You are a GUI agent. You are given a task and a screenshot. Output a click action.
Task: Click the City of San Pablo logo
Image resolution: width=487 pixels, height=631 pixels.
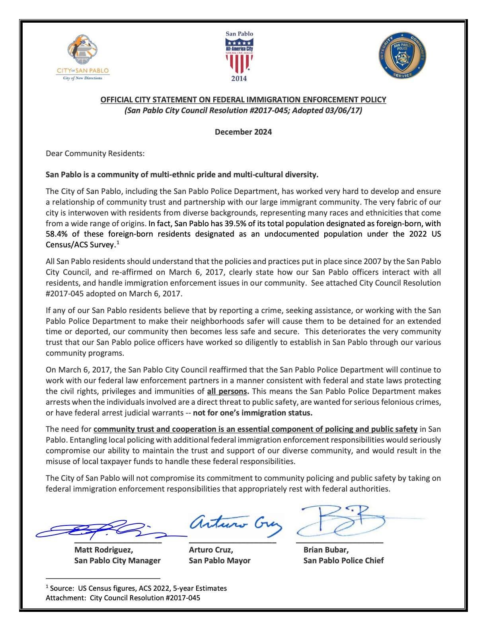[83, 57]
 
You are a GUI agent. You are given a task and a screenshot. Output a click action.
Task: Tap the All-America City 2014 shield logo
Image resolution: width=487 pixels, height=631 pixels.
[239, 56]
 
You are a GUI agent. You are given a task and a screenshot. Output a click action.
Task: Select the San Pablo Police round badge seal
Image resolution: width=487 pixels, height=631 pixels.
[402, 55]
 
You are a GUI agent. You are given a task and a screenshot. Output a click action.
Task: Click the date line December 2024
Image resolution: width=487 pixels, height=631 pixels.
[243, 132]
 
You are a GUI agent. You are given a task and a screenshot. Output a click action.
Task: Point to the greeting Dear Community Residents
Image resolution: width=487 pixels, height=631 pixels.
[95, 153]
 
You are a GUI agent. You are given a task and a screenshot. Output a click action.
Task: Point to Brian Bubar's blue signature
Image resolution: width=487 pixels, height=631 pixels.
[342, 520]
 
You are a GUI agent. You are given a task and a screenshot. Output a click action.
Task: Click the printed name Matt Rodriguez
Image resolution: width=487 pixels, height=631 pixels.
[104, 550]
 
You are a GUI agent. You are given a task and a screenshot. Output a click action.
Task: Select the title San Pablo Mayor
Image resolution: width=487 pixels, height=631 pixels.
[220, 560]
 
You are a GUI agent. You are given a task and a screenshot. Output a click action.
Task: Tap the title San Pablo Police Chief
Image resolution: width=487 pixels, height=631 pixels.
[343, 560]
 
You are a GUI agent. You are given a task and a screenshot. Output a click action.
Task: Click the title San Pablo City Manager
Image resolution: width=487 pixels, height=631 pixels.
[117, 560]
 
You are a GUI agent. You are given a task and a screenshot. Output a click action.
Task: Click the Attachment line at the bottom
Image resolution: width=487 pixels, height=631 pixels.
[123, 598]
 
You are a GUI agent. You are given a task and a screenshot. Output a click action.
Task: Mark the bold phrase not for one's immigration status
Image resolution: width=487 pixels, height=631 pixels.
[253, 413]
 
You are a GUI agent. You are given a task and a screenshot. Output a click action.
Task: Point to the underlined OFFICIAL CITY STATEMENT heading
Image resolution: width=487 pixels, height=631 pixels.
[243, 100]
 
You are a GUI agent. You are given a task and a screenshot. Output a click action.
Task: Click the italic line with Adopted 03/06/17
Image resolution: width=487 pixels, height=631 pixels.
[243, 110]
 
